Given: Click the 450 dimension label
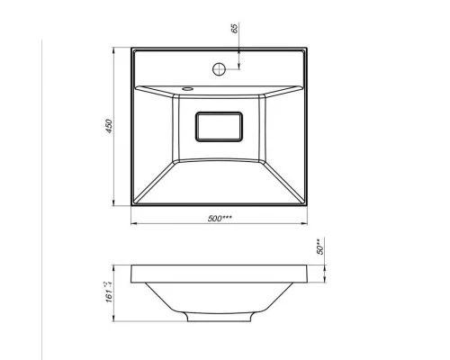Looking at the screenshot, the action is [109, 126].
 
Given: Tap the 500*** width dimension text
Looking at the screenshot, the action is [220, 218].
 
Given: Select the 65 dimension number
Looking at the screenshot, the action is [235, 28].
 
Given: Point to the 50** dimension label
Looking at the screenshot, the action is [320, 247].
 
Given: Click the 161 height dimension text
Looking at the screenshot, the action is [109, 292].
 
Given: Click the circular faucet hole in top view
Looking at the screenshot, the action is [219, 69].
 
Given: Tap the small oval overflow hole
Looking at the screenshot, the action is [188, 88].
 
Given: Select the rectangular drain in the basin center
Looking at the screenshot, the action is [219, 127].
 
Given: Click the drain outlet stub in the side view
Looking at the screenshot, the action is [219, 318].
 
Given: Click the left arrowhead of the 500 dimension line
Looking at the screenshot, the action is [134, 223].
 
